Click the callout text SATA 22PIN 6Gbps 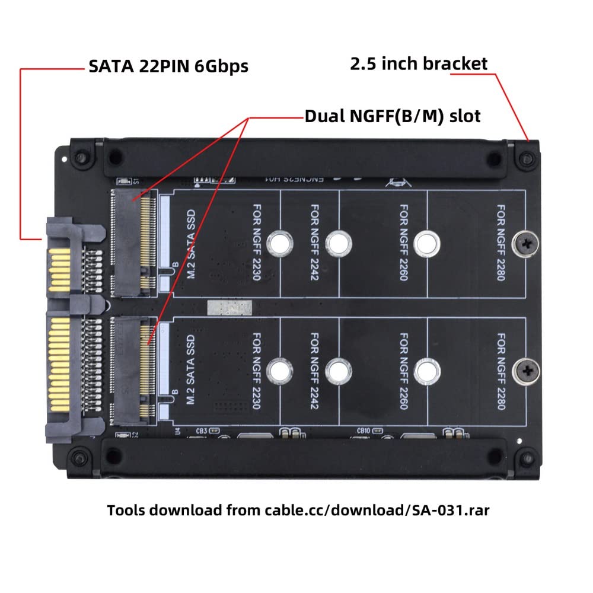(x=168, y=66)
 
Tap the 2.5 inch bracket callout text (x=419, y=64)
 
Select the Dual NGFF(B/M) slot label (x=393, y=116)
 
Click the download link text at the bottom (x=298, y=510)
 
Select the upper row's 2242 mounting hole (x=338, y=243)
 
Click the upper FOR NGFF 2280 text (x=501, y=243)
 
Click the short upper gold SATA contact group (x=58, y=270)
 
